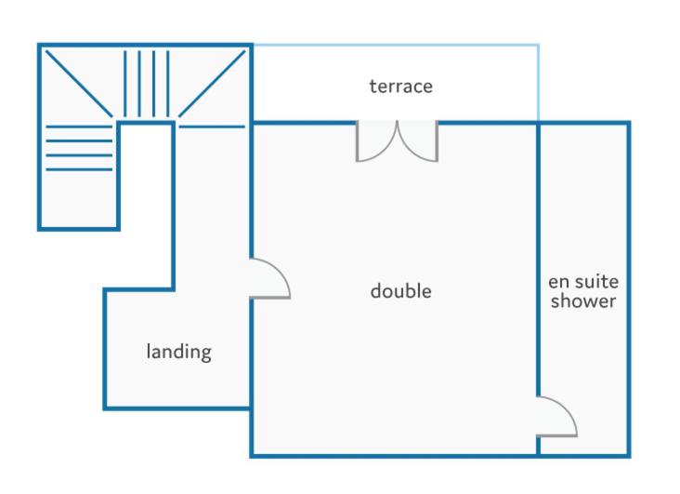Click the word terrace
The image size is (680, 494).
click(400, 87)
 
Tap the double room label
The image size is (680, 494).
click(400, 290)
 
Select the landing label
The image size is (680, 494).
click(178, 352)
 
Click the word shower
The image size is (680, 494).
click(583, 300)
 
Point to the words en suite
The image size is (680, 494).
click(583, 282)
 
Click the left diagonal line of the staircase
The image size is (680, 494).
click(79, 84)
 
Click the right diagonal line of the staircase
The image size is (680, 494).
click(212, 84)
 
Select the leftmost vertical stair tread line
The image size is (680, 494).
click(125, 84)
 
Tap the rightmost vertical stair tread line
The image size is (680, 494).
click(168, 84)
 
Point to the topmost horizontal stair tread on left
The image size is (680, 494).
click(79, 127)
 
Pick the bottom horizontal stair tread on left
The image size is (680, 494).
click(79, 169)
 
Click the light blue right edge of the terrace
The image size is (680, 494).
click(539, 83)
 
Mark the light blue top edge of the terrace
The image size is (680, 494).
click(396, 45)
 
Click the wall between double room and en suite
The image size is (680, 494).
click(538, 260)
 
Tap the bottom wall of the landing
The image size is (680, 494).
click(177, 408)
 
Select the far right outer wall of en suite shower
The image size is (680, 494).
click(629, 289)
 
